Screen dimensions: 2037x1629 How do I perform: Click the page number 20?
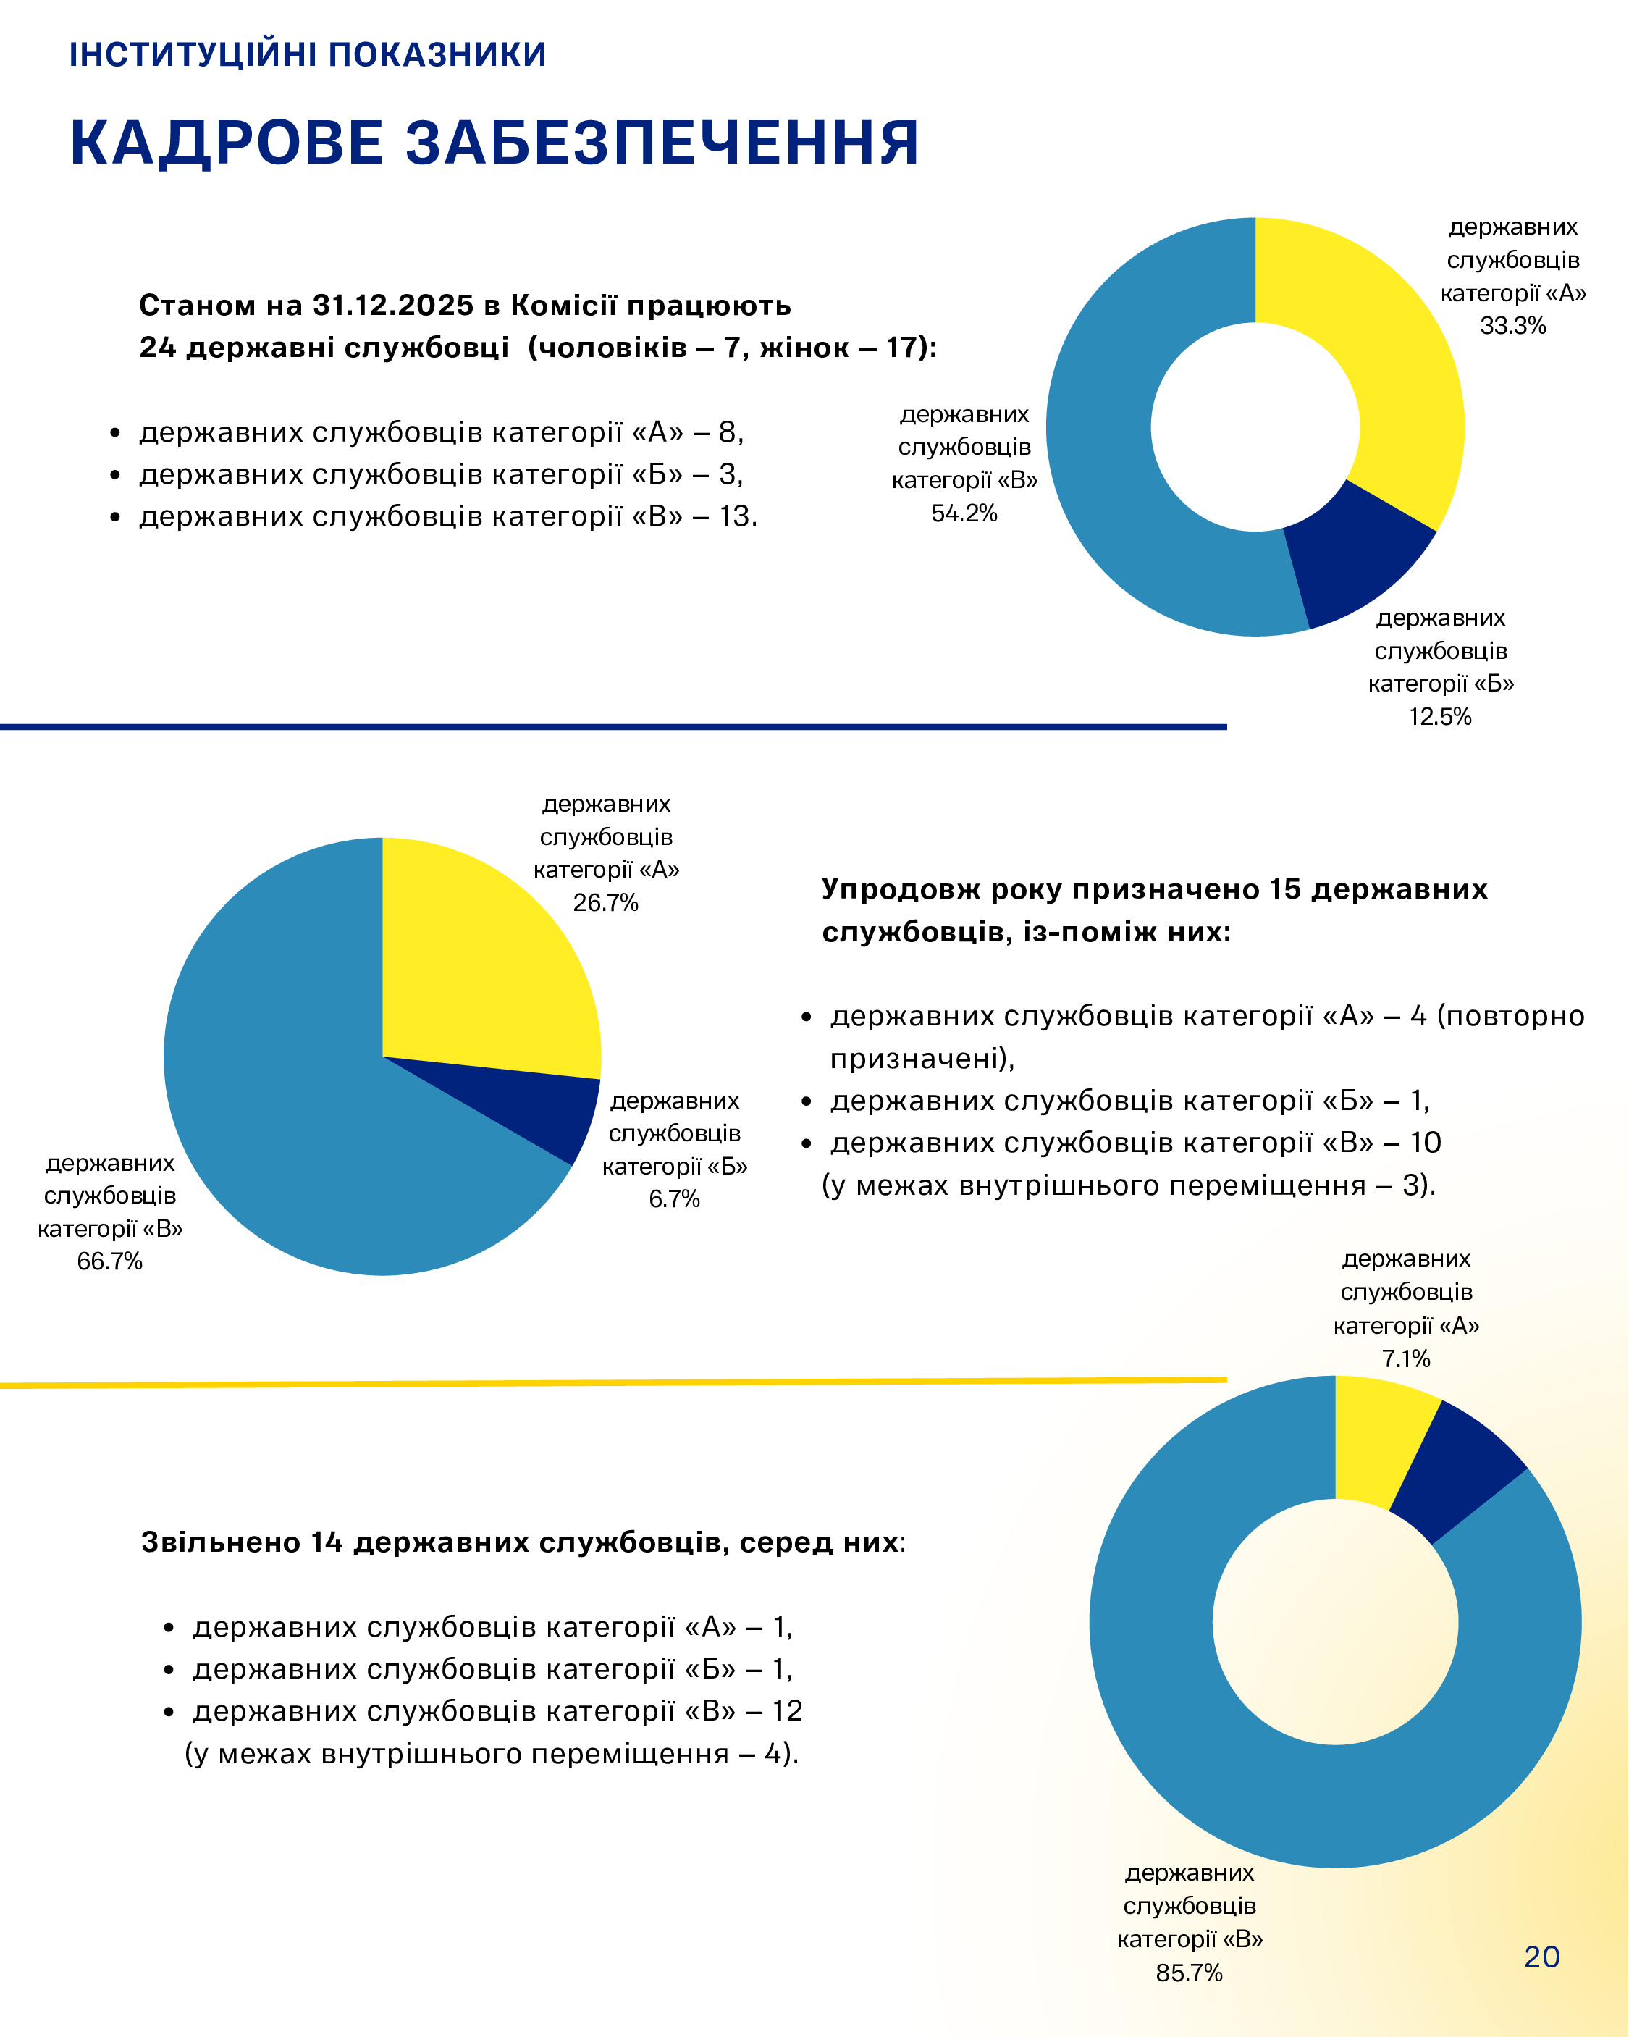[1541, 1956]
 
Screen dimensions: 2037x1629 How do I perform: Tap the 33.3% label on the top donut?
[1512, 326]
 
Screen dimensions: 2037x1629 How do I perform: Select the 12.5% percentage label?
[1440, 716]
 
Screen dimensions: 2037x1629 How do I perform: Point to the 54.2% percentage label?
[964, 513]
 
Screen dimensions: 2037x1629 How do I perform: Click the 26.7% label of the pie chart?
[606, 902]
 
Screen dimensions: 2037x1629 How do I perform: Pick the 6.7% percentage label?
[674, 1199]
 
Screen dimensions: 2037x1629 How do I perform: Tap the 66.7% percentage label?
[109, 1261]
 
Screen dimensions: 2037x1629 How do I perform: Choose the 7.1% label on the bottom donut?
[1406, 1358]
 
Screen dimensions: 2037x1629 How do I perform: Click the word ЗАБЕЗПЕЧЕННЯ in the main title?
[662, 143]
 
